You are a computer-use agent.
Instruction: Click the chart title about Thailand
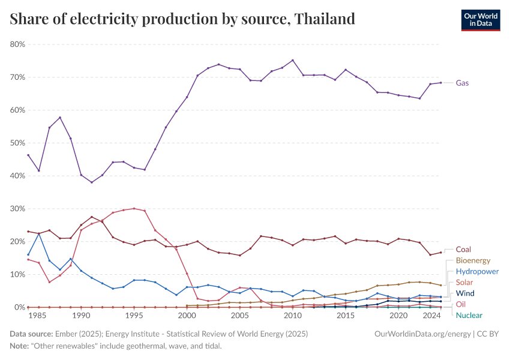tap(182, 19)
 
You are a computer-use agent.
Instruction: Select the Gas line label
tap(462, 83)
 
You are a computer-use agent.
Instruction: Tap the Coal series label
tap(463, 249)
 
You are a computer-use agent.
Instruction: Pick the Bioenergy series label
tap(473, 260)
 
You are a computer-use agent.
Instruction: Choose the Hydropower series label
tap(478, 271)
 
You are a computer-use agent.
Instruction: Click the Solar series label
tap(463, 283)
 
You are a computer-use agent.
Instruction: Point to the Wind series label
tap(465, 293)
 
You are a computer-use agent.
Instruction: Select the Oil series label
tap(461, 304)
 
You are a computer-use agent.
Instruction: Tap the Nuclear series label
tap(469, 315)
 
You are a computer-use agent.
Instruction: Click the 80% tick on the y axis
tap(17, 44)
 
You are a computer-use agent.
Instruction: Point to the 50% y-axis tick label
tap(17, 143)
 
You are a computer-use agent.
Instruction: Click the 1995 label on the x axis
tap(134, 316)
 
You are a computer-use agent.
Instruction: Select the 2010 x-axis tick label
tap(293, 316)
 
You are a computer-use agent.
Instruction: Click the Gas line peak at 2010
tap(293, 60)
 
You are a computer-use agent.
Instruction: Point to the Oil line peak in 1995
tap(134, 209)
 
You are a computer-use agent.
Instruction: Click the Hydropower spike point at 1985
tap(39, 233)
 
